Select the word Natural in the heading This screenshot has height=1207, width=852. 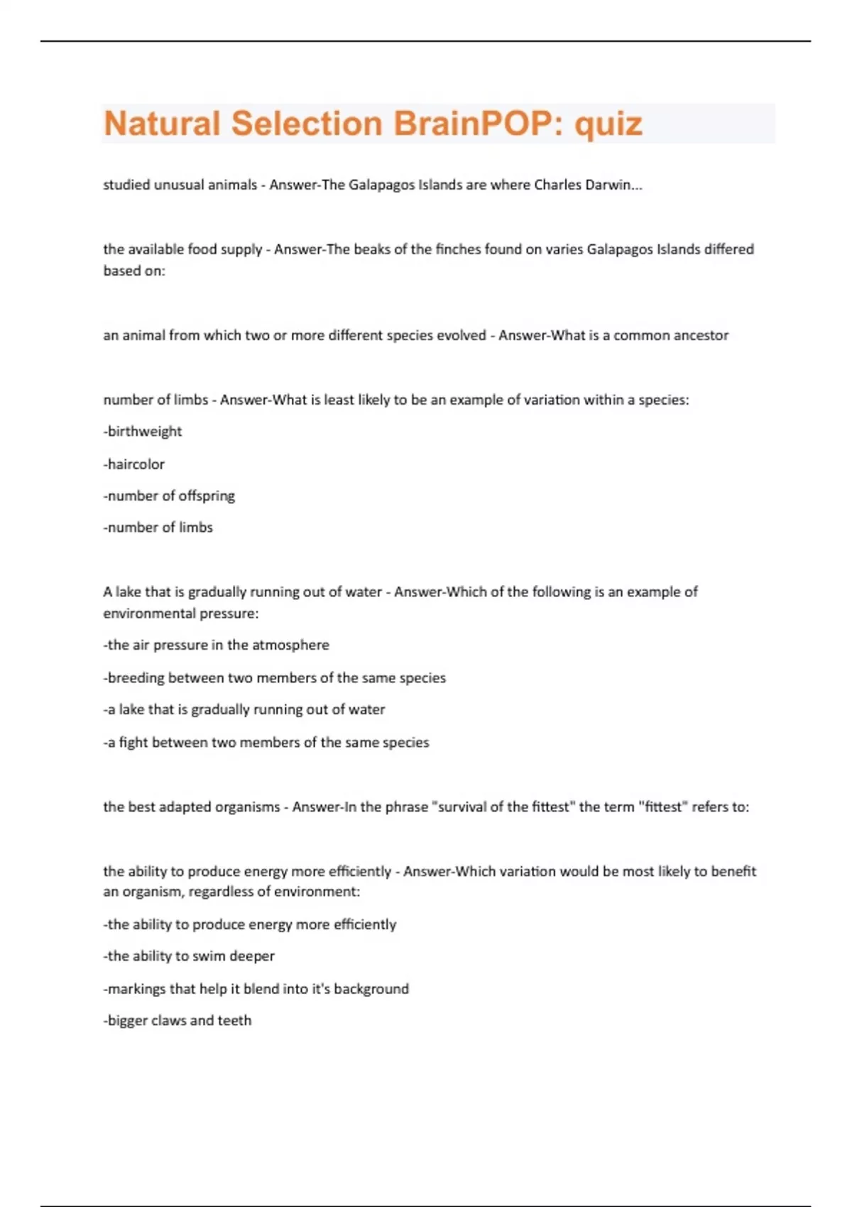[x=162, y=124]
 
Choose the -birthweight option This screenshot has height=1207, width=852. [x=143, y=432]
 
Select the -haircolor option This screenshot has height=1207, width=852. [x=134, y=464]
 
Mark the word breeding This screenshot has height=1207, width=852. [x=136, y=678]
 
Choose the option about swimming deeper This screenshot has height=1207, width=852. [x=190, y=956]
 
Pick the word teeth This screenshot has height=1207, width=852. [x=234, y=1021]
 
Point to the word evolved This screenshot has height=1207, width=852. [x=460, y=335]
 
